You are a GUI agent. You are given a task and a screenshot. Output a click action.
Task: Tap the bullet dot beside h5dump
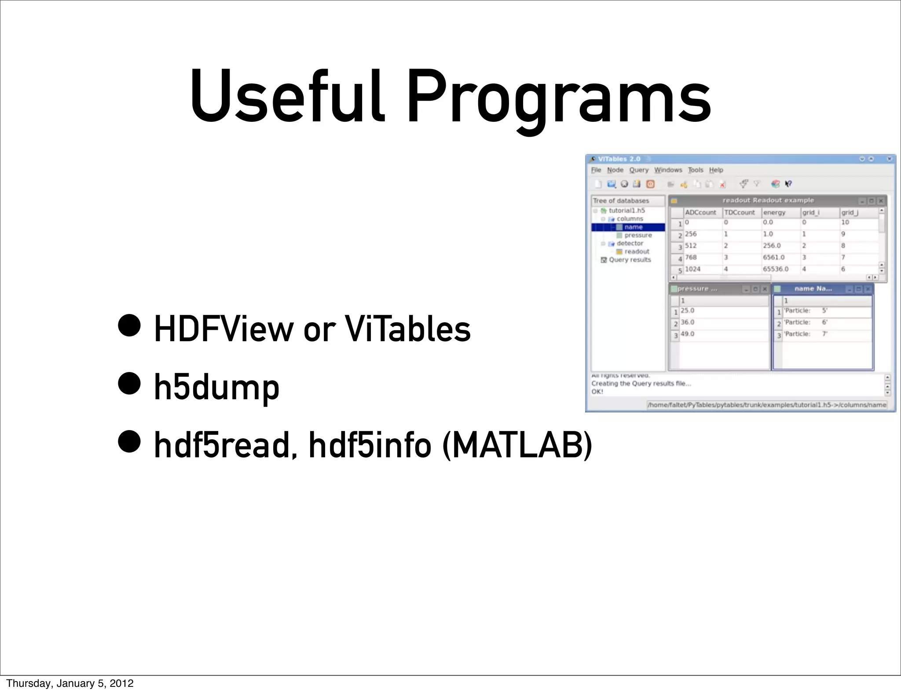(129, 383)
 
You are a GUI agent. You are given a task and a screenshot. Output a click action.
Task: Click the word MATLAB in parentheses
(517, 445)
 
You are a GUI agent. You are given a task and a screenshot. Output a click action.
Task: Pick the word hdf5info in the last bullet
(370, 445)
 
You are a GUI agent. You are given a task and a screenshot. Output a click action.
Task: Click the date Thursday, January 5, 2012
(70, 683)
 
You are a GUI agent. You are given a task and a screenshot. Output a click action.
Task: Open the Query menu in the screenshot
(638, 170)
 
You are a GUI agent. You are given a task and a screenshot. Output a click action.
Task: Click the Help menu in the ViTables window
(716, 170)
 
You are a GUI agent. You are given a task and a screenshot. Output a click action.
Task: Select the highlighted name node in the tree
(633, 227)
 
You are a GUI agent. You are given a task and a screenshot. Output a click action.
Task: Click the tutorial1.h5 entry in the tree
(626, 211)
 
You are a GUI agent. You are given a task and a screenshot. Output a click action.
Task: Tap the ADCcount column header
(700, 212)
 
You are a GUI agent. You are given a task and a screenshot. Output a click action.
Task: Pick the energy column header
(774, 212)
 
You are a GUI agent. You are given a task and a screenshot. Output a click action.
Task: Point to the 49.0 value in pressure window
(687, 334)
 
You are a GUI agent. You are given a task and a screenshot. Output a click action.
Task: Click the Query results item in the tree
(629, 260)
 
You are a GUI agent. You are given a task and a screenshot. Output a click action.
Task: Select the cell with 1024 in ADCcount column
(692, 269)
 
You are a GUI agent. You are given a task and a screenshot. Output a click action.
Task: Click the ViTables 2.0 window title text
(619, 159)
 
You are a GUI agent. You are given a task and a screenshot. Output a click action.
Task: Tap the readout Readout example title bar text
(768, 201)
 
